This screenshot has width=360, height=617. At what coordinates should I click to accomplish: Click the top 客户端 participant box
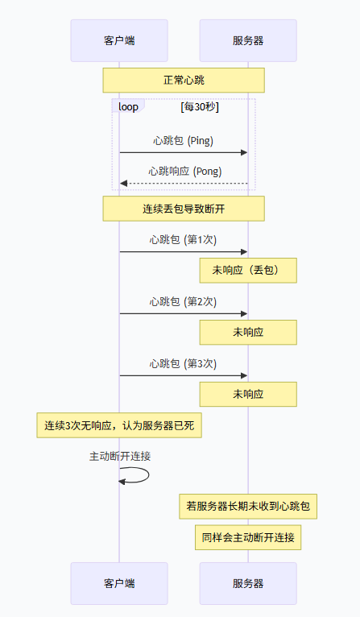point(118,40)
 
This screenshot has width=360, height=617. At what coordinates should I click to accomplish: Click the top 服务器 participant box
point(247,40)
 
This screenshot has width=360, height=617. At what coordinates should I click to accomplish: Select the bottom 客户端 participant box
point(118,583)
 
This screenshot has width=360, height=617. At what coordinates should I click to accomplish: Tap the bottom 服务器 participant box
point(247,583)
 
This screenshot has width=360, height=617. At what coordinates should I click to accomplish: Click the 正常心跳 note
point(183,80)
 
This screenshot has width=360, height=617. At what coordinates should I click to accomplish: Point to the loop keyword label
point(128,106)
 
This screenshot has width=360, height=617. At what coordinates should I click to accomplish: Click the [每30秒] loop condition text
point(200,106)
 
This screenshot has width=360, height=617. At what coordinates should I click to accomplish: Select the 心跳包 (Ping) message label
point(183,140)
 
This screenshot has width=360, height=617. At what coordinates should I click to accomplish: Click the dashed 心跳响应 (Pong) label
point(184,171)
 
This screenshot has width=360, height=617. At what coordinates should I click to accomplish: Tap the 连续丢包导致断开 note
point(183,209)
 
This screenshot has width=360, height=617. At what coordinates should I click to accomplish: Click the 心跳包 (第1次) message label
point(183,239)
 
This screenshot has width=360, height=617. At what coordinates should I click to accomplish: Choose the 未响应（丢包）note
point(248,270)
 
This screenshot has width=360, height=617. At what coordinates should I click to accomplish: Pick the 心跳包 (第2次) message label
point(183,301)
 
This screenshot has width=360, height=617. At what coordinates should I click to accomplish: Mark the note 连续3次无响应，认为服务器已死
point(118,424)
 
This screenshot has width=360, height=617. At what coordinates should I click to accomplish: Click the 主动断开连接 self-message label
point(120,456)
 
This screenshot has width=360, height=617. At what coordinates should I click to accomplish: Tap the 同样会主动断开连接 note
point(248,537)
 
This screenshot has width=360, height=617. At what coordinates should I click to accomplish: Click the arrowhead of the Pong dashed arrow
point(123,184)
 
